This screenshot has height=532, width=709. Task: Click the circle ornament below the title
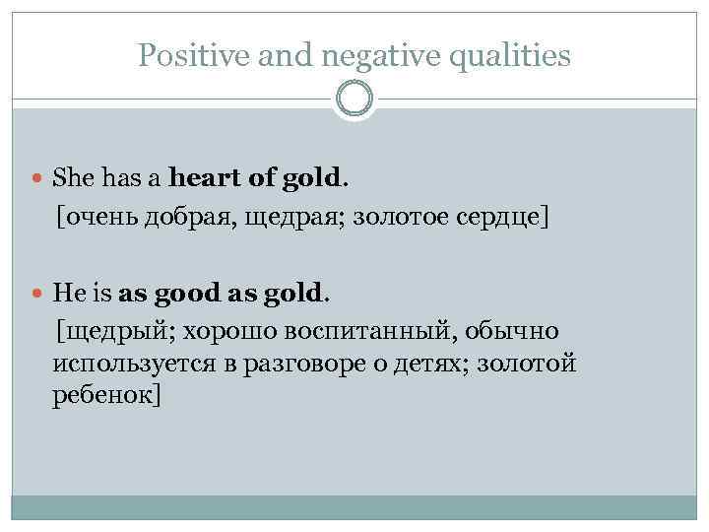point(354,99)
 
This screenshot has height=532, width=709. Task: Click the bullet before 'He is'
point(37,293)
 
